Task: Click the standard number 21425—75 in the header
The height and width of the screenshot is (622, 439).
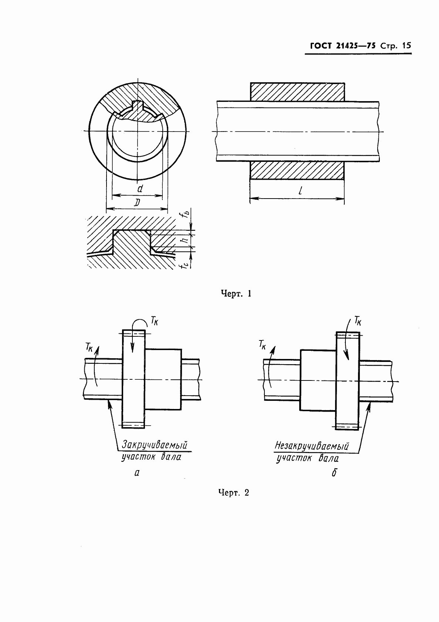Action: (x=355, y=46)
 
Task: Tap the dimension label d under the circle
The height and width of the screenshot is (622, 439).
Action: (x=140, y=189)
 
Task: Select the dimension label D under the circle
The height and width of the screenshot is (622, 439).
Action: (x=137, y=203)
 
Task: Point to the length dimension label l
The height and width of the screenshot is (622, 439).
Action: (x=300, y=190)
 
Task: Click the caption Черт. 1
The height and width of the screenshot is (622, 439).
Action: (x=236, y=293)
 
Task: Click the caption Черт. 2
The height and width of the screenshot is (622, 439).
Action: (x=234, y=493)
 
